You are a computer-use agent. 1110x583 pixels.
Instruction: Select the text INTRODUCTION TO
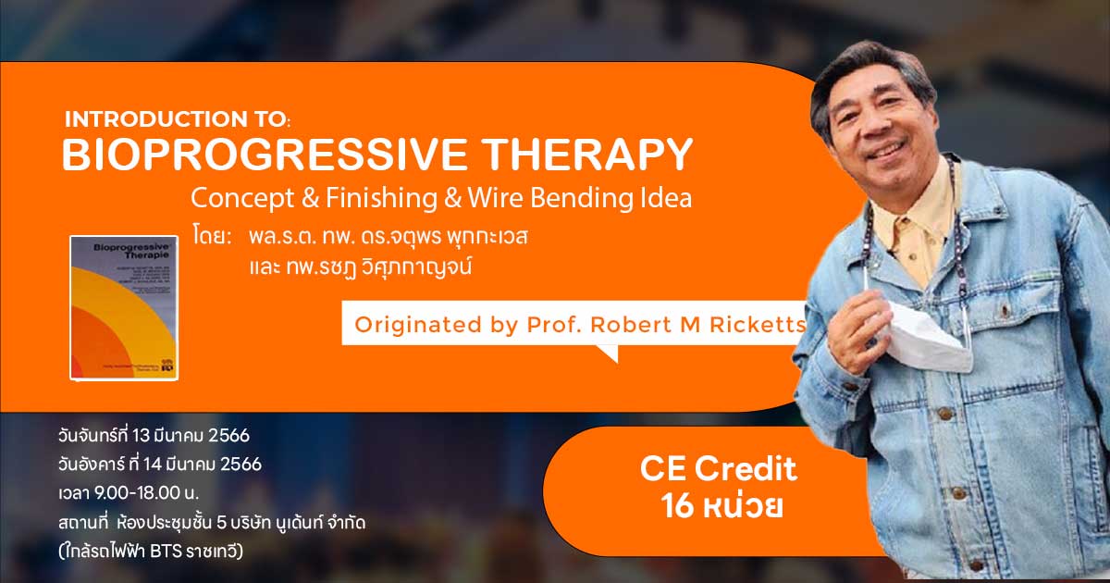[x=176, y=120]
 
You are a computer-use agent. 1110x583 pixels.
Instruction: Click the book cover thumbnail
[x=123, y=306]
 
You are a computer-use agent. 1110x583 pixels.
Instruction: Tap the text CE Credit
[x=718, y=470]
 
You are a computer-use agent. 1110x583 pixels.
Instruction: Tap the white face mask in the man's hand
[x=925, y=333]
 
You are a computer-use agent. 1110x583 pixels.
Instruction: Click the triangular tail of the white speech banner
[x=606, y=353]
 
